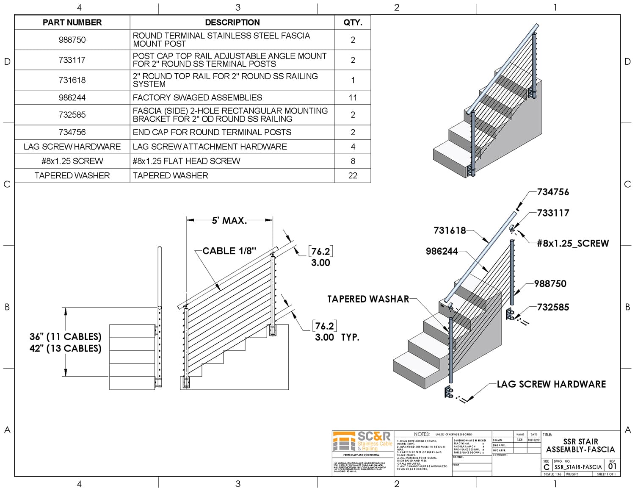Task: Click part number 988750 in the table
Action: pyautogui.click(x=72, y=40)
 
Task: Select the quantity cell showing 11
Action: pyautogui.click(x=353, y=97)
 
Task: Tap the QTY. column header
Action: pyautogui.click(x=353, y=22)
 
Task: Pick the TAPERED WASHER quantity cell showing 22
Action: pyautogui.click(x=353, y=175)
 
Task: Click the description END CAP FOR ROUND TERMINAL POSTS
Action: pyautogui.click(x=212, y=132)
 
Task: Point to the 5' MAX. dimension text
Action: pyautogui.click(x=229, y=220)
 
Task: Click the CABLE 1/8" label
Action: pyautogui.click(x=229, y=251)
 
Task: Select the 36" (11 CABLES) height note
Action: pyautogui.click(x=65, y=337)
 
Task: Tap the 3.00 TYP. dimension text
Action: pyautogui.click(x=337, y=337)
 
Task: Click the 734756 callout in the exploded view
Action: pyautogui.click(x=553, y=192)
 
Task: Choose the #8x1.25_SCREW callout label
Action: pyautogui.click(x=573, y=243)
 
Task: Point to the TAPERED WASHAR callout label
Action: pyautogui.click(x=368, y=299)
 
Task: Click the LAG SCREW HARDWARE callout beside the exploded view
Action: pyautogui.click(x=551, y=384)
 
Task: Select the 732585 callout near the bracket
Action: pyautogui.click(x=553, y=307)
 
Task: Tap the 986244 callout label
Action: pyautogui.click(x=442, y=251)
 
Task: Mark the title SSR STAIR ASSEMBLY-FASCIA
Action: pyautogui.click(x=580, y=445)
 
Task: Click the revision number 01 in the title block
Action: pyautogui.click(x=612, y=466)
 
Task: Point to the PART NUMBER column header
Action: pyautogui.click(x=72, y=22)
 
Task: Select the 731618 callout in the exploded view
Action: pyautogui.click(x=450, y=230)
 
